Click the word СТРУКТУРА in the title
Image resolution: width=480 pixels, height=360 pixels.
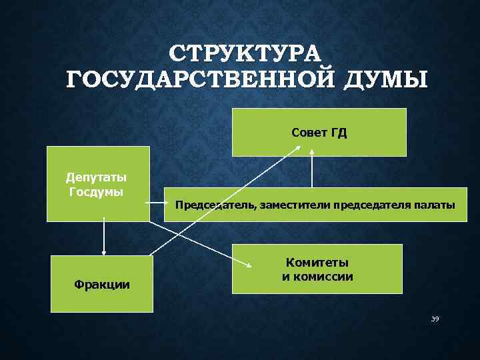(x=245, y=53)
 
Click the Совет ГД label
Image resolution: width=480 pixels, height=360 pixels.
(x=319, y=133)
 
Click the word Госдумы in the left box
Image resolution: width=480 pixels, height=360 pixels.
(x=97, y=192)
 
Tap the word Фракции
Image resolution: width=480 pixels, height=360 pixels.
(x=102, y=285)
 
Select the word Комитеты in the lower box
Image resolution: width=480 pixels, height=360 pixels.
(x=317, y=263)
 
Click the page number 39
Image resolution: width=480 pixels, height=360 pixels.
(x=435, y=319)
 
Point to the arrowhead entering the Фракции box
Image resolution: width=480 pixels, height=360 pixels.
(x=103, y=253)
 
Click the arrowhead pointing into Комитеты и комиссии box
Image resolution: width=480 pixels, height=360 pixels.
(x=248, y=265)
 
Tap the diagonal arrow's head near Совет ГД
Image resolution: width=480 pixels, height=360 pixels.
(x=297, y=149)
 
